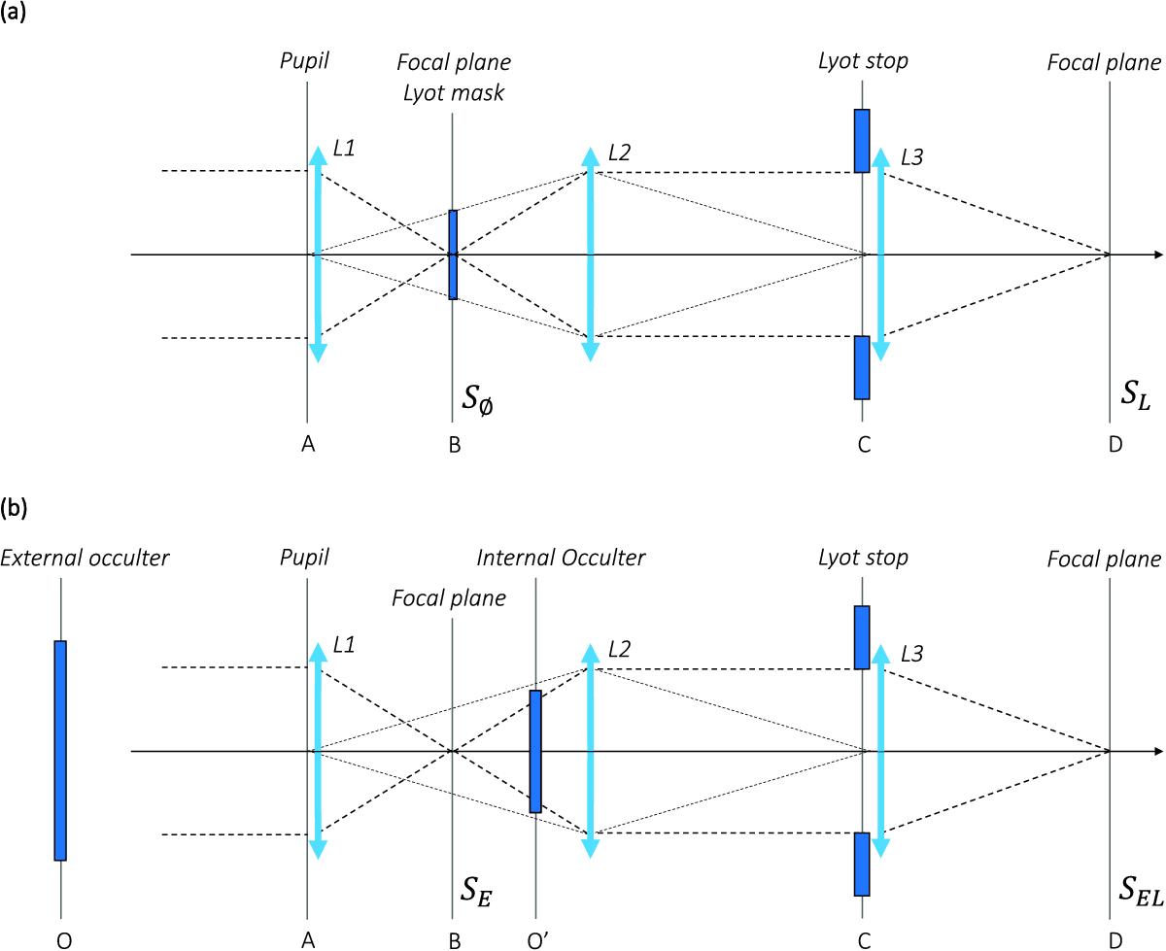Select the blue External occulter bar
pyautogui.click(x=60, y=750)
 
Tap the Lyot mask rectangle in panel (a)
pyautogui.click(x=453, y=255)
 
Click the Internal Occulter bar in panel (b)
pyautogui.click(x=534, y=751)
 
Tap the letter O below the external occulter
pyautogui.click(x=60, y=939)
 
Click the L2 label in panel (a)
pyautogui.click(x=620, y=153)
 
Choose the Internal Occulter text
pyautogui.click(x=561, y=558)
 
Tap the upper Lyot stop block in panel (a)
pyautogui.click(x=862, y=141)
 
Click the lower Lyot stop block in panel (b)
pyautogui.click(x=862, y=864)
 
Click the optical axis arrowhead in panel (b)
pyautogui.click(x=1157, y=751)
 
